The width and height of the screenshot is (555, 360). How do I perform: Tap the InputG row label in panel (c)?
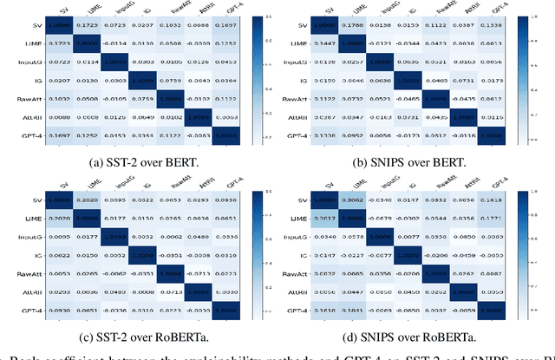(x=36, y=235)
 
